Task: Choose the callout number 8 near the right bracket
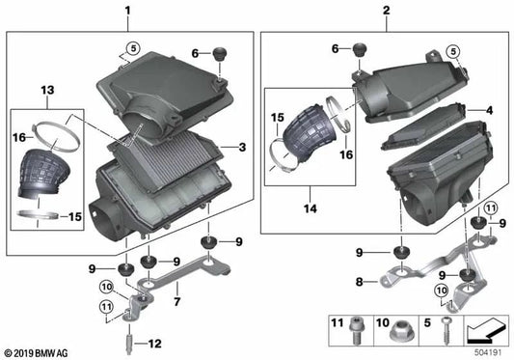pyautogui.click(x=359, y=284)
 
